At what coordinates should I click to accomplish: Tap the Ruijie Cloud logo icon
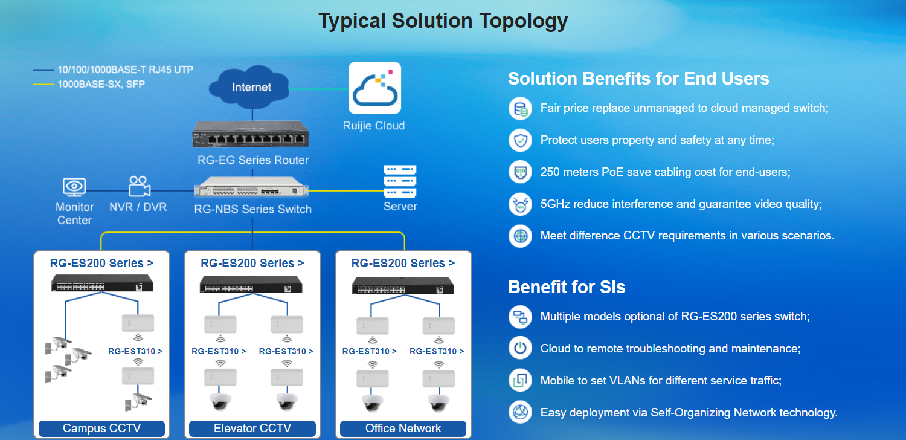(374, 88)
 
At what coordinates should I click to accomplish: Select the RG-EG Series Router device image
(251, 134)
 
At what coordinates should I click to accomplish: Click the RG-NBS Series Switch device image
(252, 187)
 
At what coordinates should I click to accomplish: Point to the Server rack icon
(400, 181)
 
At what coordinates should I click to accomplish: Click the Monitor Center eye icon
(74, 187)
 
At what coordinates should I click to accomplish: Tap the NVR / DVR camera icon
(139, 187)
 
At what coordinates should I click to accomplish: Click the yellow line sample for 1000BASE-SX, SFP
(43, 85)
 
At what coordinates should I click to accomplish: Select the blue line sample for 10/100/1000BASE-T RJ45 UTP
(43, 70)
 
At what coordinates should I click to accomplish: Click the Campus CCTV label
(101, 429)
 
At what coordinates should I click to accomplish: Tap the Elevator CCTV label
(252, 429)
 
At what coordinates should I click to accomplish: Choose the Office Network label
(403, 429)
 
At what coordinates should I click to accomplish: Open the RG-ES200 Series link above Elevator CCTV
(252, 263)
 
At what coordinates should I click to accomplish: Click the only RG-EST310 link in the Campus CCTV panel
(135, 351)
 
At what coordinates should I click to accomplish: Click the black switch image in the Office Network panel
(403, 285)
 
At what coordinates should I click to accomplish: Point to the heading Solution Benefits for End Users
(638, 79)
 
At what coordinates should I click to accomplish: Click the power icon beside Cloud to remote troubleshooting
(520, 348)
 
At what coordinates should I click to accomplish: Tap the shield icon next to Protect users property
(520, 140)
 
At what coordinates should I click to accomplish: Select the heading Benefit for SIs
(567, 287)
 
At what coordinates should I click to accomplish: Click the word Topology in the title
(524, 21)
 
